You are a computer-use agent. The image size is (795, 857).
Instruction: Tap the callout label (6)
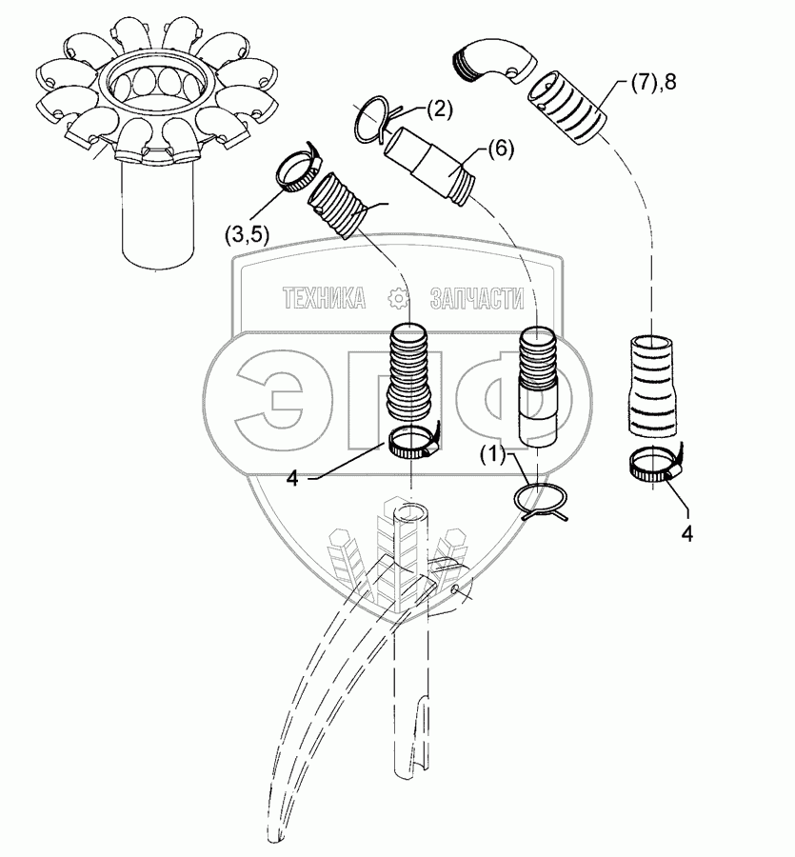click(x=501, y=149)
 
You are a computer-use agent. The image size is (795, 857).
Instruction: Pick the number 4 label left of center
click(x=292, y=479)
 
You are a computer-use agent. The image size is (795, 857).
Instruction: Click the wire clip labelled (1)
click(x=540, y=501)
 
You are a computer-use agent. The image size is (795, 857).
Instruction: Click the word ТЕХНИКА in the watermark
click(x=325, y=299)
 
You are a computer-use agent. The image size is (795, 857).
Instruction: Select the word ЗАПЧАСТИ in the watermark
click(x=477, y=299)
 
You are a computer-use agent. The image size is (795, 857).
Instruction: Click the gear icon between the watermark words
click(x=400, y=299)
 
